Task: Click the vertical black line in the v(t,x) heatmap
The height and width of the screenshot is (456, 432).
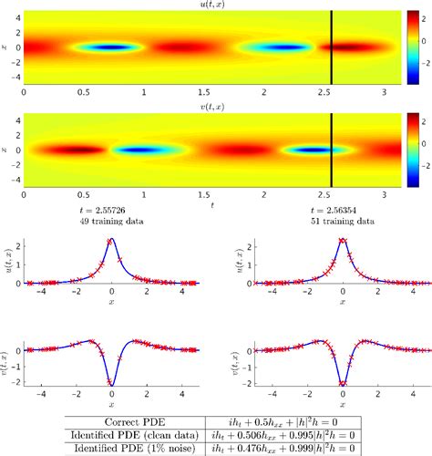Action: [x=331, y=149]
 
